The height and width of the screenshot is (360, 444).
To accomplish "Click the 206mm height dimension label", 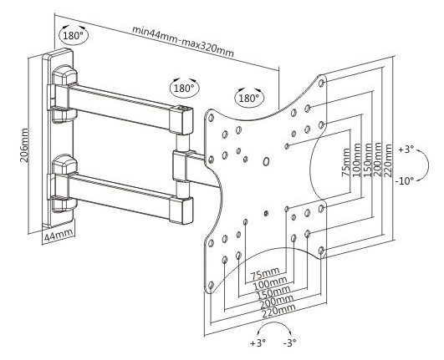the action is [x=24, y=145].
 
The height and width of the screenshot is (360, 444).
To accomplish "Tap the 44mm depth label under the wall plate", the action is [x=59, y=235].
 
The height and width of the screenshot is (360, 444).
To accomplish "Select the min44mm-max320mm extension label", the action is [x=183, y=41].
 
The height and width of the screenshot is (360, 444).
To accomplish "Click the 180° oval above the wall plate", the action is [x=74, y=35].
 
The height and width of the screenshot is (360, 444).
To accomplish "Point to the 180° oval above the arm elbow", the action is [x=185, y=88].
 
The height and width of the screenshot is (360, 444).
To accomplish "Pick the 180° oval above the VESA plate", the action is [x=249, y=98].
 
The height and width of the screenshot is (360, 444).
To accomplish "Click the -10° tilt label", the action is [x=405, y=180].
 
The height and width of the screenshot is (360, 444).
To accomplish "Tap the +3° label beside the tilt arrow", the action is [x=406, y=149].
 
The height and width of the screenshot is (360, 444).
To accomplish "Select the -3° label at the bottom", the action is [x=289, y=342].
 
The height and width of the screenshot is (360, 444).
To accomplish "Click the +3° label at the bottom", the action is [x=258, y=342].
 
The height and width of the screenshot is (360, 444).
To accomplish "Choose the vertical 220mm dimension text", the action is [x=387, y=160].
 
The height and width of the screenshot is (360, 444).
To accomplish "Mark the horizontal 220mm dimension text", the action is [x=279, y=311].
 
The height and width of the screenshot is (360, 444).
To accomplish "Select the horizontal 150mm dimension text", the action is [x=273, y=292].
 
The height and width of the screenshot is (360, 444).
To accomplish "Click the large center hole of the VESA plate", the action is [x=266, y=161].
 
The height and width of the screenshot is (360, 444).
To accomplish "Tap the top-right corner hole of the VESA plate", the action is [x=321, y=83].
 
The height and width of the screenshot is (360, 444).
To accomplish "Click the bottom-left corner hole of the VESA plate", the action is [x=211, y=284].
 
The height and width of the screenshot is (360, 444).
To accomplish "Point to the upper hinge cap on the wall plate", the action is [x=64, y=74].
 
